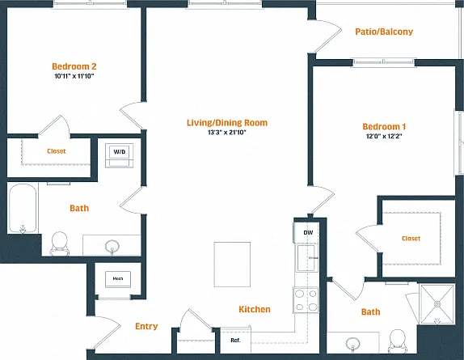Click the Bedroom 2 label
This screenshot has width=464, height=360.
[74, 66]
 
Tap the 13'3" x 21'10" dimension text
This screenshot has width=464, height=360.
[227, 133]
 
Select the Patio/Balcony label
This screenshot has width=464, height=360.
[384, 32]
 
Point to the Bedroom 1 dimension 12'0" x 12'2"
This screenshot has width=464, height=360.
[384, 136]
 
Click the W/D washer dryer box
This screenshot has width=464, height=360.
[120, 155]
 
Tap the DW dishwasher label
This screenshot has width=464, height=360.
[308, 233]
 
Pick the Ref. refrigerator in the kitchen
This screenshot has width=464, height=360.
[235, 340]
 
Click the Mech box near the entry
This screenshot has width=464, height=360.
[118, 279]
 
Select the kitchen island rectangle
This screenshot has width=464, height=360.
[232, 265]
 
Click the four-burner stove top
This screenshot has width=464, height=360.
[306, 300]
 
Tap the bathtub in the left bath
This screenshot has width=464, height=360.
[23, 208]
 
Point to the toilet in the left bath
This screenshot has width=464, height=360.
[60, 244]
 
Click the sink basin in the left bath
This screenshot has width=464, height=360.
[112, 246]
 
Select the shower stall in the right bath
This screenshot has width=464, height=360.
[437, 303]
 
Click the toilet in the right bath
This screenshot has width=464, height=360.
[397, 340]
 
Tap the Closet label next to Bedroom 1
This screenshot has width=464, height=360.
[411, 239]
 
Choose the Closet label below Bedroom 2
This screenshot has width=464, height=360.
[57, 151]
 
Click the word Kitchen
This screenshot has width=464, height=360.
[255, 309]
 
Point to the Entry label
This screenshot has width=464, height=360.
[146, 326]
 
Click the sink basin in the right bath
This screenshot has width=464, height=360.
[353, 344]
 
